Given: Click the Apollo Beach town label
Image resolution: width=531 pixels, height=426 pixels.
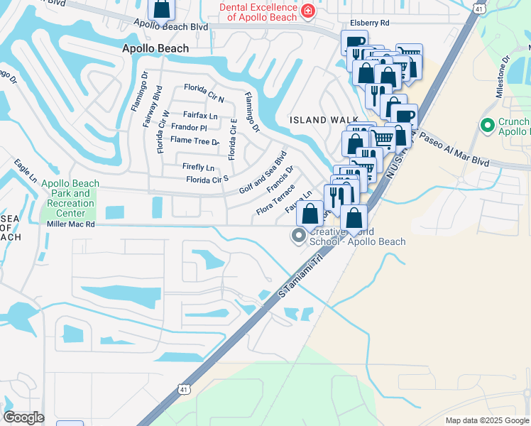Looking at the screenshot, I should [x=155, y=48].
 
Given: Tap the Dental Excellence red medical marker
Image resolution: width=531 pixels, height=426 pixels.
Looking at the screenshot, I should [x=307, y=11].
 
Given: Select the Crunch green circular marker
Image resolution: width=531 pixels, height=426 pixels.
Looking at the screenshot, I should [x=487, y=126].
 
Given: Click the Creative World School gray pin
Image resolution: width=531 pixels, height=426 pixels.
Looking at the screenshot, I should [x=300, y=236].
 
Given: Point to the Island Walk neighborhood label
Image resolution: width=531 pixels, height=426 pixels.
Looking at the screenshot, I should [x=318, y=119].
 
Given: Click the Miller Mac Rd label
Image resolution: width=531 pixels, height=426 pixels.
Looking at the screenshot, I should [x=70, y=224].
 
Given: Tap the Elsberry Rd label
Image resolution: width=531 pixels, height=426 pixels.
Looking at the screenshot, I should [x=364, y=23].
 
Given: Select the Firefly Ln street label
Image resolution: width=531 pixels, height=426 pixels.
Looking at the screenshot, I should [x=199, y=168].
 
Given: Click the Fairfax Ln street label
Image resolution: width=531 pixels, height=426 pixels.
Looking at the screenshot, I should [x=199, y=115].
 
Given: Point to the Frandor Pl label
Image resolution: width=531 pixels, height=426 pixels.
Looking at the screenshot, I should [x=189, y=128].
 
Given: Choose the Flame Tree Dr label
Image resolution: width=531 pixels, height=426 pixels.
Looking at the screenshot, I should [x=195, y=141].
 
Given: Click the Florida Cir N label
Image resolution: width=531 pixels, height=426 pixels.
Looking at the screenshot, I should [x=204, y=89].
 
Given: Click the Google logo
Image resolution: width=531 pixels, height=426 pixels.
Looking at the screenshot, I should [x=23, y=417].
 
